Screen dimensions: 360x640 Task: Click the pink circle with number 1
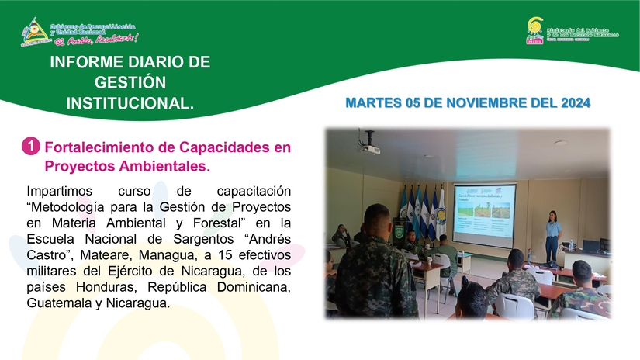pyautogui.click(x=32, y=146)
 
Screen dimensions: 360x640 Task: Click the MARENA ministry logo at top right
pyautogui.click(x=534, y=30)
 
